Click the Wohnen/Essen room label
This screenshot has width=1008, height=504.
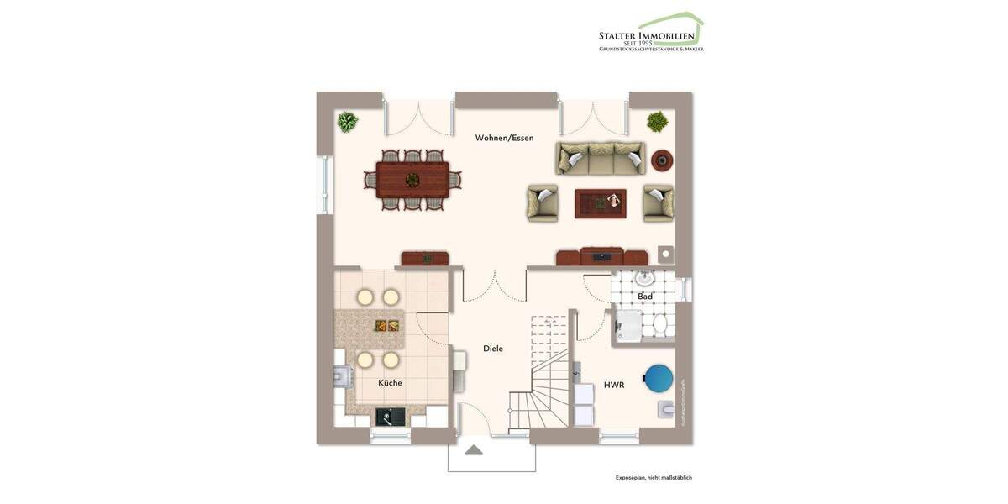504,138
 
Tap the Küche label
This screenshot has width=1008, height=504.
390,383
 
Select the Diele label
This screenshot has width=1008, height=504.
493,348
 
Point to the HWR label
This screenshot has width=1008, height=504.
613,386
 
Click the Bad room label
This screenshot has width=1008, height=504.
645,297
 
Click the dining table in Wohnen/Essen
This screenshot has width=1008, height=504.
412,179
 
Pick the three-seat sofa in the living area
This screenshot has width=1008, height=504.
601,158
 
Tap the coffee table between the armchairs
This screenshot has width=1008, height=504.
600,202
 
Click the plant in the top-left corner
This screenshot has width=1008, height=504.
347,123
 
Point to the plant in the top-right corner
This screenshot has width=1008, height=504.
657,122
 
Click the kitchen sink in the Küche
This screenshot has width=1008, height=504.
390,415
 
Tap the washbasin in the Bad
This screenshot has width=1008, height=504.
644,279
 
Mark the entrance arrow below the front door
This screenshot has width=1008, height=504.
474,450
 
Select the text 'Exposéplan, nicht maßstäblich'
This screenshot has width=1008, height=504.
654,478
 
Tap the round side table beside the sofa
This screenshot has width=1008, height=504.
662,160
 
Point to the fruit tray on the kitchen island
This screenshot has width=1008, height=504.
386,327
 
